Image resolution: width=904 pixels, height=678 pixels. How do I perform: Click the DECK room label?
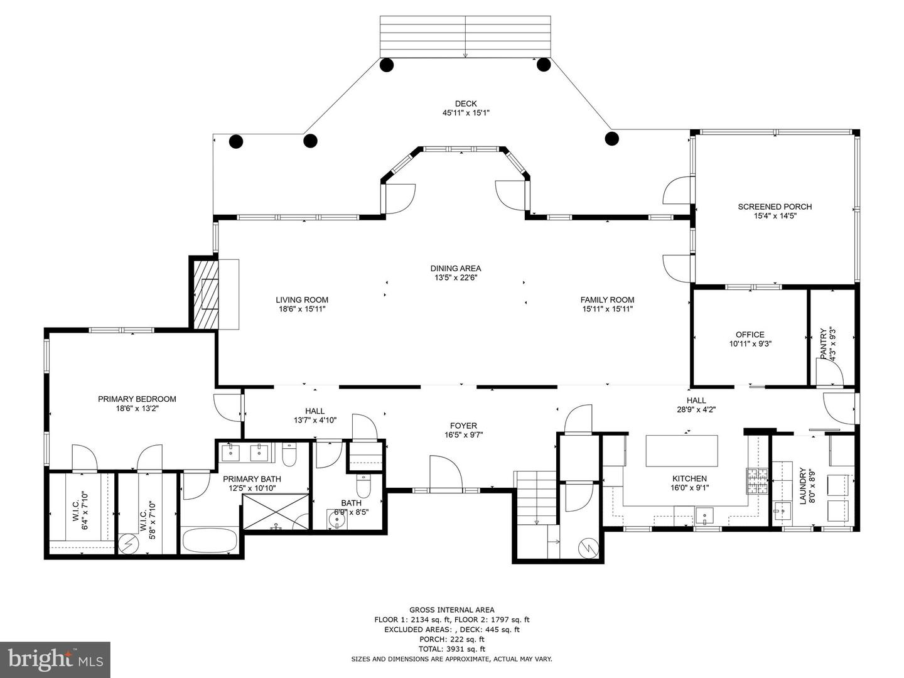pos(466,104)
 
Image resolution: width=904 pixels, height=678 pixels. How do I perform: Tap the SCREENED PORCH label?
pos(775,207)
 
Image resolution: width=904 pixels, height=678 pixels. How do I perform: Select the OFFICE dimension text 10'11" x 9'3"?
pos(750,344)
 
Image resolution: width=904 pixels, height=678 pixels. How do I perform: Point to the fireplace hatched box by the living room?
pos(205,293)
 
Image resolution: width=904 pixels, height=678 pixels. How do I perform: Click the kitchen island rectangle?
pos(682,450)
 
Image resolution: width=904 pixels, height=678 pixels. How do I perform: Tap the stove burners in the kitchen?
pos(757,481)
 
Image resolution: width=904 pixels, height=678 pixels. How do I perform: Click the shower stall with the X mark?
pos(276,512)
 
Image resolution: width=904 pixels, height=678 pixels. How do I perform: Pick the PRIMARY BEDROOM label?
pos(137,399)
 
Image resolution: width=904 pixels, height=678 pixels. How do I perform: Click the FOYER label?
pos(463,426)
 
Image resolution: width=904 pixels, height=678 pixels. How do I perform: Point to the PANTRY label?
pos(823,343)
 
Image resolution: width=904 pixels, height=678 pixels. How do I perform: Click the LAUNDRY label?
pos(803,486)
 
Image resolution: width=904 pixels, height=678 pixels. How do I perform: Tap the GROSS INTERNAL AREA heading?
pos(452,610)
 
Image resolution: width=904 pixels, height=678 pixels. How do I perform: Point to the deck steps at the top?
pos(465,36)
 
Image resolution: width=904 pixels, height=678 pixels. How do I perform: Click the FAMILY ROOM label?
pos(608,299)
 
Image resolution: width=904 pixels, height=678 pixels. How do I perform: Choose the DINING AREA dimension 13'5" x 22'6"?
pos(456,277)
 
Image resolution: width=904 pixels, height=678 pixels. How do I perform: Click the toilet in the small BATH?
pos(363,486)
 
